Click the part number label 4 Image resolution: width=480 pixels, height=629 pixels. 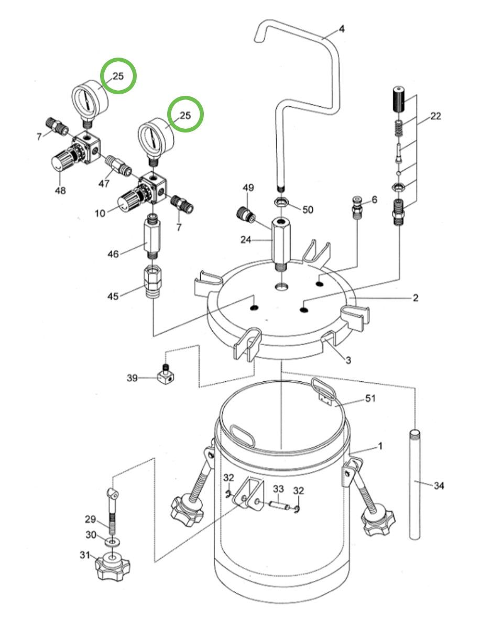[x=342, y=29]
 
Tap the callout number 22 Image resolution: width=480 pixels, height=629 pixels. [x=436, y=117]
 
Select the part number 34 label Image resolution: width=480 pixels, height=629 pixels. [x=439, y=486]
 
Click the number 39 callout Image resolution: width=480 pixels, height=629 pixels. [x=133, y=378]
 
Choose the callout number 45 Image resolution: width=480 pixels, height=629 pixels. [x=113, y=296]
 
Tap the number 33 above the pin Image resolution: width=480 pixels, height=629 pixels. [x=279, y=489]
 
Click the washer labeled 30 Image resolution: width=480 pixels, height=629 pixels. [x=111, y=540]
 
